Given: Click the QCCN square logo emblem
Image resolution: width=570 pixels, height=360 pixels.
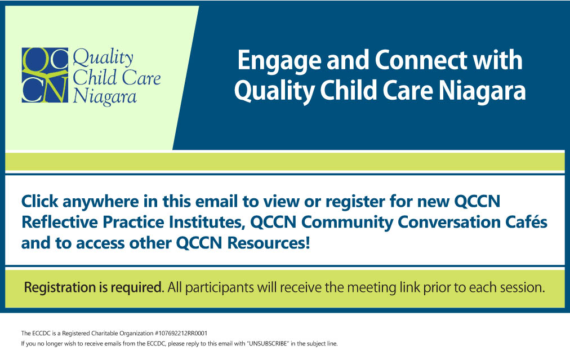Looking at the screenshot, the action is [x=44, y=75].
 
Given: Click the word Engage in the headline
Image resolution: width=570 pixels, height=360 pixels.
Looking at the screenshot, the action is [x=279, y=61].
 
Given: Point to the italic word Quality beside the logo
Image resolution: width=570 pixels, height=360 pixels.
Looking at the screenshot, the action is [x=103, y=59].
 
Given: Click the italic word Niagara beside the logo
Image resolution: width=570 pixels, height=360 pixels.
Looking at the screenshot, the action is [x=105, y=97].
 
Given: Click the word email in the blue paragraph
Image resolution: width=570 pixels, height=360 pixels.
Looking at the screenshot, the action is [x=215, y=201].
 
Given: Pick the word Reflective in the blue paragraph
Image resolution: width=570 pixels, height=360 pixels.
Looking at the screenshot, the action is [x=60, y=222].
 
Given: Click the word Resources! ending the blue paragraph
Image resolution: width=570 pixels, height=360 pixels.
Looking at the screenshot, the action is [x=269, y=243].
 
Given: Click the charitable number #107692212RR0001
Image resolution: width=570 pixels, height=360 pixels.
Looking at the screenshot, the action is [x=181, y=333].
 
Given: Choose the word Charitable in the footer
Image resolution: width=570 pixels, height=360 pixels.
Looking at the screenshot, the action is [x=104, y=333].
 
